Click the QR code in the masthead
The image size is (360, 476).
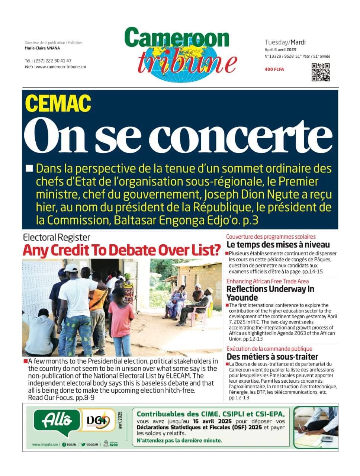pos(320,72)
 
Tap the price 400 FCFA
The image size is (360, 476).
pos(274,69)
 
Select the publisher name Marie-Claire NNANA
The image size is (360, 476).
pos(42,48)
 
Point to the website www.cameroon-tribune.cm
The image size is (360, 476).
pos(55,67)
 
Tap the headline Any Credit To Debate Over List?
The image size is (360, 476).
pos(122,250)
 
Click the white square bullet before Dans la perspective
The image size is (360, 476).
pos(29,168)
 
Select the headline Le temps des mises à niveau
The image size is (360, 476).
pos(278,245)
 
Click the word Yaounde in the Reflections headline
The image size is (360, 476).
pos(242,297)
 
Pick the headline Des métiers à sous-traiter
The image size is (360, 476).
pos(272,357)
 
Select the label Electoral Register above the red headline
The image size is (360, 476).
pos(56,237)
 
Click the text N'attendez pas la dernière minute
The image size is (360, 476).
pos(179,441)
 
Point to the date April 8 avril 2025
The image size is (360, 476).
pos(280,50)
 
